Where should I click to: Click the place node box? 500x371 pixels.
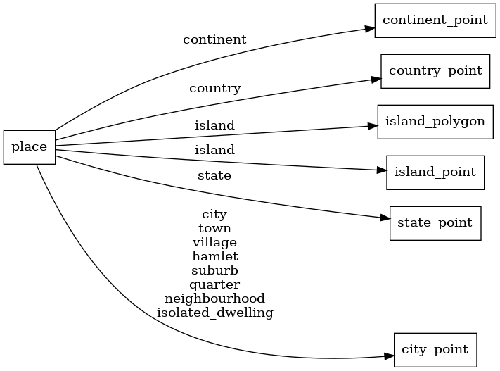click(30, 147)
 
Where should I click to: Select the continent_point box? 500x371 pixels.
click(435, 20)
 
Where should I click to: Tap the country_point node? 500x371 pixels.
click(435, 70)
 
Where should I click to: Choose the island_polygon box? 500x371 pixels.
click(435, 121)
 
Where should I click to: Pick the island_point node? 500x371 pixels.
click(435, 172)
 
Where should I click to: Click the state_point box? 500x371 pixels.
click(435, 222)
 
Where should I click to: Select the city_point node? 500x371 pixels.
click(435, 349)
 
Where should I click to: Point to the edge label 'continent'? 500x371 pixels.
click(214, 39)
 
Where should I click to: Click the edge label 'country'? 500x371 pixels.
click(214, 89)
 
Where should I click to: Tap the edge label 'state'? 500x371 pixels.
click(214, 175)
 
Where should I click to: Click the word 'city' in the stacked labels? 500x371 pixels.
click(214, 214)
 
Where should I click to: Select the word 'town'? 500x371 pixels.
click(214, 228)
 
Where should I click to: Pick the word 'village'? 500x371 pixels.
click(214, 242)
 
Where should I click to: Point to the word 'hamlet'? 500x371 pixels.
click(214, 256)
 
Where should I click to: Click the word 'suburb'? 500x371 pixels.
click(214, 270)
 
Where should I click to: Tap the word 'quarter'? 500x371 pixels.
click(214, 284)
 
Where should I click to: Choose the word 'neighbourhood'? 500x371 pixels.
click(214, 298)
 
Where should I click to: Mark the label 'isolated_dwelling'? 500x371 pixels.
click(214, 313)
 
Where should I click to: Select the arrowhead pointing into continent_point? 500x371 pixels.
click(368, 29)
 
